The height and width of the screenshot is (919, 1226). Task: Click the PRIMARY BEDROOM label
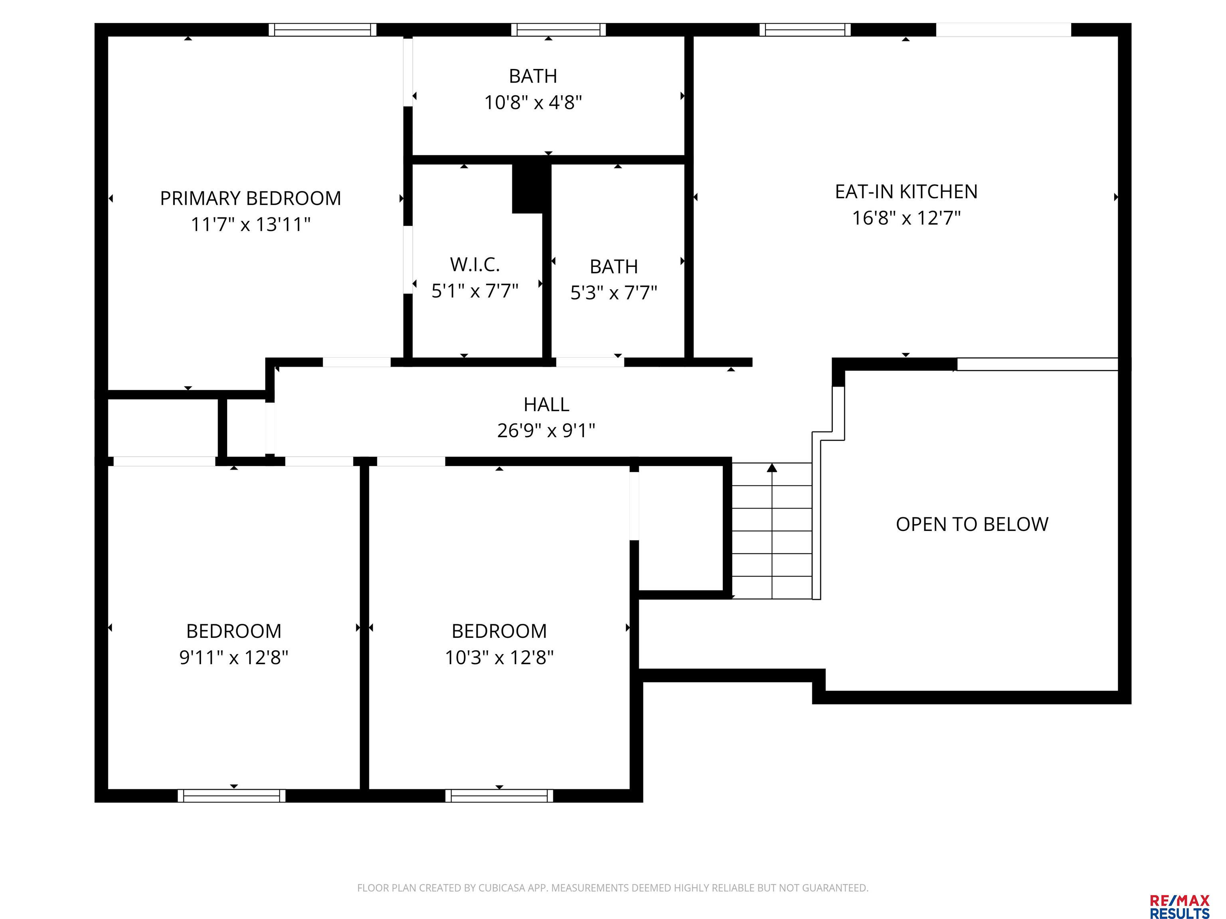pyautogui.click(x=251, y=198)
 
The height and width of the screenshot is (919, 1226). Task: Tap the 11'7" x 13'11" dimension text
pyautogui.click(x=251, y=224)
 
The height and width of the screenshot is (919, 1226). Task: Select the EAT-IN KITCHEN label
pyautogui.click(x=906, y=192)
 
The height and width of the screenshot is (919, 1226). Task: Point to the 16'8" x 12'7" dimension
pyautogui.click(x=906, y=218)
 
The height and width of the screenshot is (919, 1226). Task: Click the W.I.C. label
pyautogui.click(x=475, y=265)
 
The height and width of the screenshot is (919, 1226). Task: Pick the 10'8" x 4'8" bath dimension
pyautogui.click(x=533, y=103)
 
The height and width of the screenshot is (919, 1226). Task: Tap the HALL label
pyautogui.click(x=546, y=404)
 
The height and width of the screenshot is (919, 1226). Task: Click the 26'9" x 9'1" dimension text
pyautogui.click(x=546, y=430)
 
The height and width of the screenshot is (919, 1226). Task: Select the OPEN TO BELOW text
pyautogui.click(x=972, y=524)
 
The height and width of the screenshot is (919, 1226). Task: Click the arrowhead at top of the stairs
pyautogui.click(x=772, y=467)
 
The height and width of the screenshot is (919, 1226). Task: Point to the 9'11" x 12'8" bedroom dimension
pyautogui.click(x=234, y=657)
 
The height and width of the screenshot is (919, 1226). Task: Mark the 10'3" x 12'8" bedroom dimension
pyautogui.click(x=499, y=657)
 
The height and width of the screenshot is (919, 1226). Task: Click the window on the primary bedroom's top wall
pyautogui.click(x=322, y=30)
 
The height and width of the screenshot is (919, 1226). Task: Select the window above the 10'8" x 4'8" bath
pyautogui.click(x=558, y=30)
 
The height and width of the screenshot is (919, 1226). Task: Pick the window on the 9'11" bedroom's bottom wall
pyautogui.click(x=232, y=795)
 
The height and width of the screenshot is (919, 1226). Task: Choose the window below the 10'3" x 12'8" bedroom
pyautogui.click(x=499, y=795)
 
